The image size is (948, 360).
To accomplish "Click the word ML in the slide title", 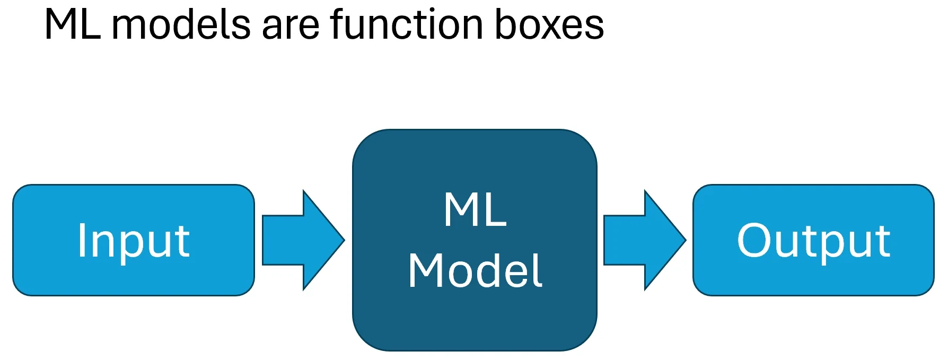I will (x=72, y=25).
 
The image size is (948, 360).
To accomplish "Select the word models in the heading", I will (x=181, y=25).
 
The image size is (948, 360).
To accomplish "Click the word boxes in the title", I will (x=549, y=25).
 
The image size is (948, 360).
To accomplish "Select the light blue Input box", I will (x=133, y=240).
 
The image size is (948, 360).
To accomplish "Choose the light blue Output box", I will (x=813, y=240).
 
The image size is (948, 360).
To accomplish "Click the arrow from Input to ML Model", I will (x=302, y=240).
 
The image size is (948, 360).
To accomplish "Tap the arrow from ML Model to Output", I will (x=644, y=240).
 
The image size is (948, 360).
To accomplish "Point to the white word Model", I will (x=475, y=271).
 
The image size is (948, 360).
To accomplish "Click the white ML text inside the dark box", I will (x=475, y=210).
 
